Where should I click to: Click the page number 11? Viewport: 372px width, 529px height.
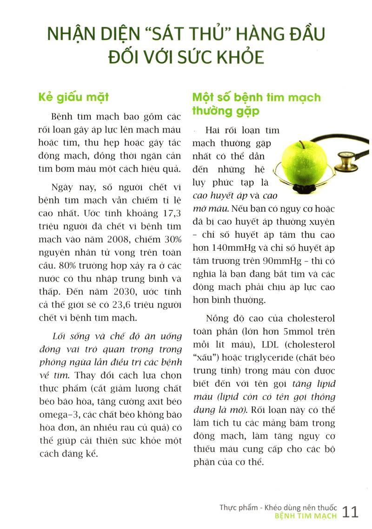[351, 511]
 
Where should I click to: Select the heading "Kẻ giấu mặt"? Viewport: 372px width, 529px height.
[73, 97]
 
